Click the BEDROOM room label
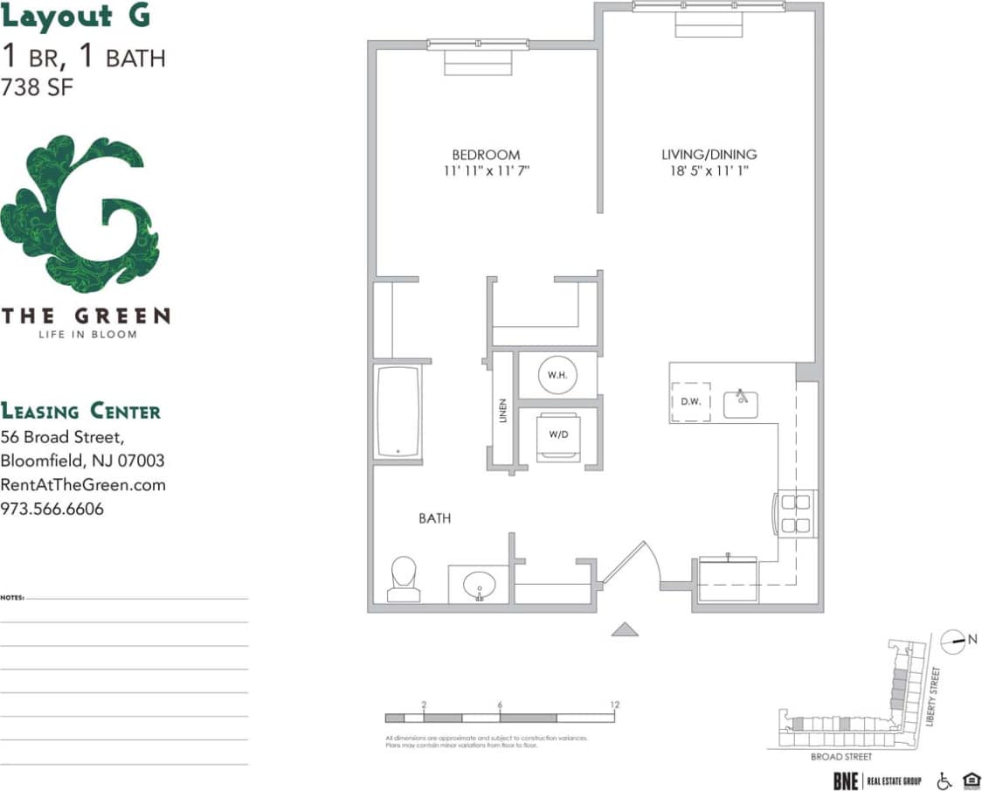(487, 155)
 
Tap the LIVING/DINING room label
(709, 155)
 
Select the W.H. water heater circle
(557, 374)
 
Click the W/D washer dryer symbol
(557, 433)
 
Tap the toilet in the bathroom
(404, 579)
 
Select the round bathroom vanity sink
(478, 583)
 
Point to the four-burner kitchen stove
(796, 513)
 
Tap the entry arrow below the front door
(625, 628)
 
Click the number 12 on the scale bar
(615, 704)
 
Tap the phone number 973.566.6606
(52, 509)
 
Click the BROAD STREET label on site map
(841, 756)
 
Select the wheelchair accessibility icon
(944, 781)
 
